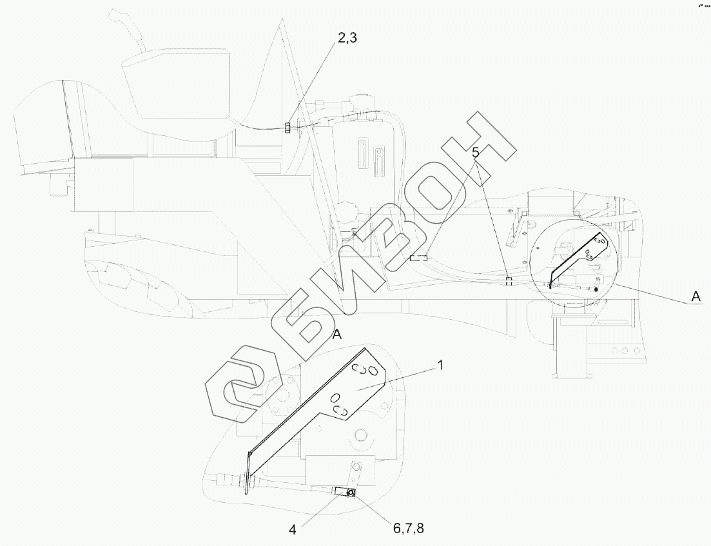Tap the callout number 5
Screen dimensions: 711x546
tap(476, 153)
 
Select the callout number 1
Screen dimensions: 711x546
tap(440, 365)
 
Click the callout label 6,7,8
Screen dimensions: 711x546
tap(407, 529)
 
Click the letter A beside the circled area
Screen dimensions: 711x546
tap(695, 296)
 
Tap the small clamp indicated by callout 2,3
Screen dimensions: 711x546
tap(288, 127)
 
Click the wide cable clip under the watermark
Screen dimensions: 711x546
tap(418, 258)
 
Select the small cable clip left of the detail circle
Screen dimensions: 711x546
tap(509, 281)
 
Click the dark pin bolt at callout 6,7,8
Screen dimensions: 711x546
tap(352, 493)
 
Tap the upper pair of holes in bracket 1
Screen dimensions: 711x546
tap(365, 371)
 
